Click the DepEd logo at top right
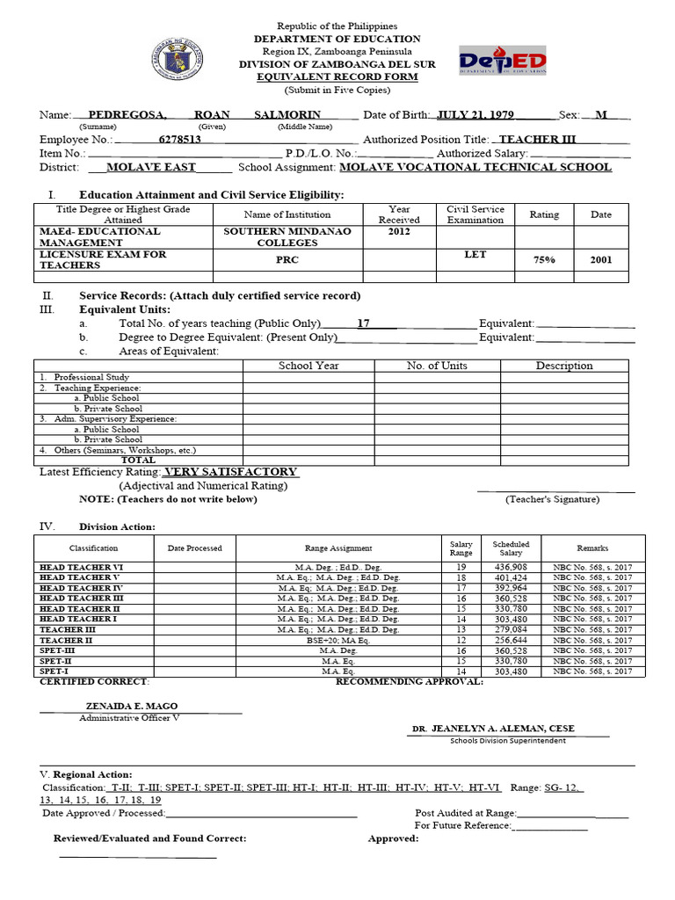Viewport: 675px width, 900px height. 503,61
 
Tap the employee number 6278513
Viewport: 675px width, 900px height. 179,140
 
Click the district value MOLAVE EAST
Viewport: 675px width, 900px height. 150,167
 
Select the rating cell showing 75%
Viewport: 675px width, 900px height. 544,260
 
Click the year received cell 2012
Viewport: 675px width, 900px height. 399,232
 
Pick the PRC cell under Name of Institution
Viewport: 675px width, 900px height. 287,260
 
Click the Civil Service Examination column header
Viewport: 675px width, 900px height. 475,214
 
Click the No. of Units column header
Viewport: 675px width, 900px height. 437,366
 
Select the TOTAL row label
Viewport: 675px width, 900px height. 138,460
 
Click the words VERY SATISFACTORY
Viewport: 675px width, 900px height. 237,472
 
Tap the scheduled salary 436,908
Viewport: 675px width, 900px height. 511,567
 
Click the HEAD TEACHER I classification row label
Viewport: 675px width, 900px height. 79,620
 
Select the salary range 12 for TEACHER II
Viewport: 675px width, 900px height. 461,640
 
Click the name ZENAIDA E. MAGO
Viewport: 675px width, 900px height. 131,706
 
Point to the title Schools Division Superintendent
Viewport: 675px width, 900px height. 507,741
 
